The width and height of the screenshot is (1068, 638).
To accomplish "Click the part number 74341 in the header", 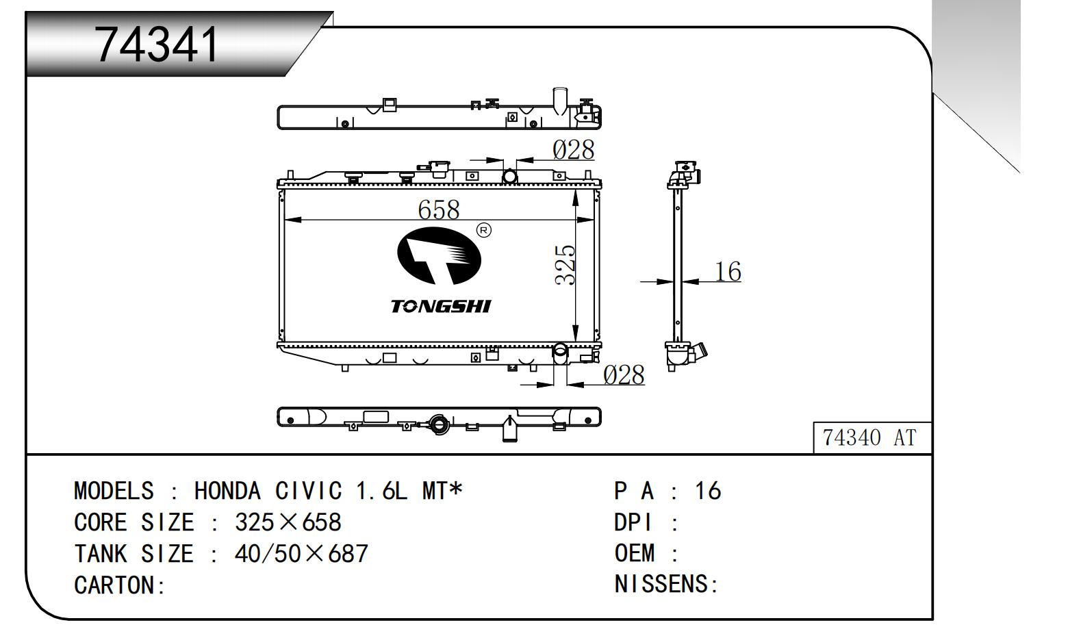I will click(157, 45).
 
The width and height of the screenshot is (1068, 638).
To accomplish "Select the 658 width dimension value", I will click(438, 209).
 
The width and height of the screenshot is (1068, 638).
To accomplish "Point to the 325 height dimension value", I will click(565, 265).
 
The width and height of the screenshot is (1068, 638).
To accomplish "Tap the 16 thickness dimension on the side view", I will click(728, 272).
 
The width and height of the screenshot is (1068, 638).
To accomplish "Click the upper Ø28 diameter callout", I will click(574, 150).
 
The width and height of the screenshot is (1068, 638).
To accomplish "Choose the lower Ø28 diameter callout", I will click(624, 375).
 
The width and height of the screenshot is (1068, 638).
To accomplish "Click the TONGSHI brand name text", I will click(440, 306).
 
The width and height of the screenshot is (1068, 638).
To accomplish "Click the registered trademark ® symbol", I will click(483, 230).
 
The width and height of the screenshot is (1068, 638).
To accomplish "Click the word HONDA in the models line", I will click(227, 491).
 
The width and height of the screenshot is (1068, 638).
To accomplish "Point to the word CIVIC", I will click(308, 491).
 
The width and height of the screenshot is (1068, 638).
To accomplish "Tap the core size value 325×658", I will click(288, 522).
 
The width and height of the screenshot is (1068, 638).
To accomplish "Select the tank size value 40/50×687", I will click(301, 553).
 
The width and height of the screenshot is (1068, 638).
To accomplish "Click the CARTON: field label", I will click(119, 585).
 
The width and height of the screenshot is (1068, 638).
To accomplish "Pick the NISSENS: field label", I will click(665, 584).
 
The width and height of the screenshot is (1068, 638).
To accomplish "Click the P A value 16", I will click(708, 491).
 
